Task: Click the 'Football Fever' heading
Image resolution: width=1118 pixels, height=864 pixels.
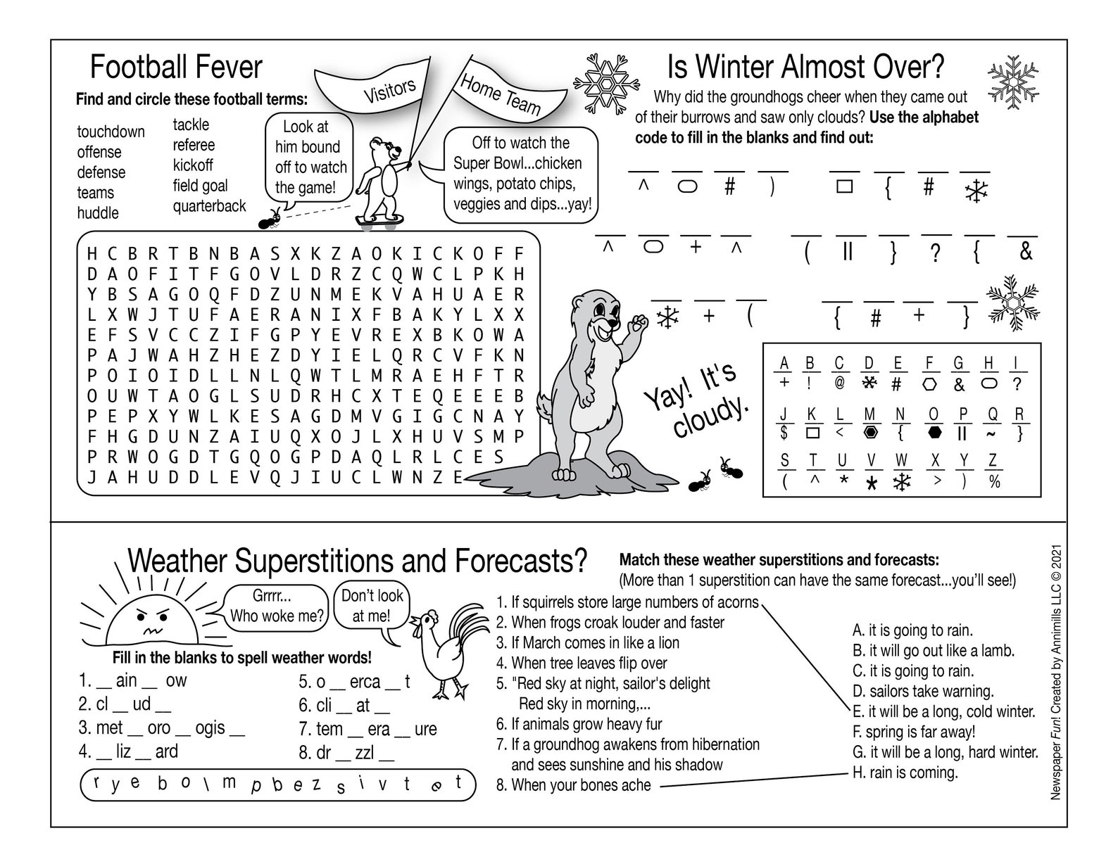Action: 176,68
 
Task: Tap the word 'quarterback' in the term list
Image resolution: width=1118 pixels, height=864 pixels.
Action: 209,206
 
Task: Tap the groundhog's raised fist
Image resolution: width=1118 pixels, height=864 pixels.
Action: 639,323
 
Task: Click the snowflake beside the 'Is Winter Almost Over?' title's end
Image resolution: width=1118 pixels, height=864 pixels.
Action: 1014,81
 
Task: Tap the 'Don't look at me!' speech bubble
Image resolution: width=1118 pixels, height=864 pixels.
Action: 372,606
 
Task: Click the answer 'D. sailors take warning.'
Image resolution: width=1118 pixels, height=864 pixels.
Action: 922,691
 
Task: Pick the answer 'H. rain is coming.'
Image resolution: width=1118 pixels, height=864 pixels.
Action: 905,773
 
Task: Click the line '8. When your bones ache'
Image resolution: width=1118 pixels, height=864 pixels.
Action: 574,784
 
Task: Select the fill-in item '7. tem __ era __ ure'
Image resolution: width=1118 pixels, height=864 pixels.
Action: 368,729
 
